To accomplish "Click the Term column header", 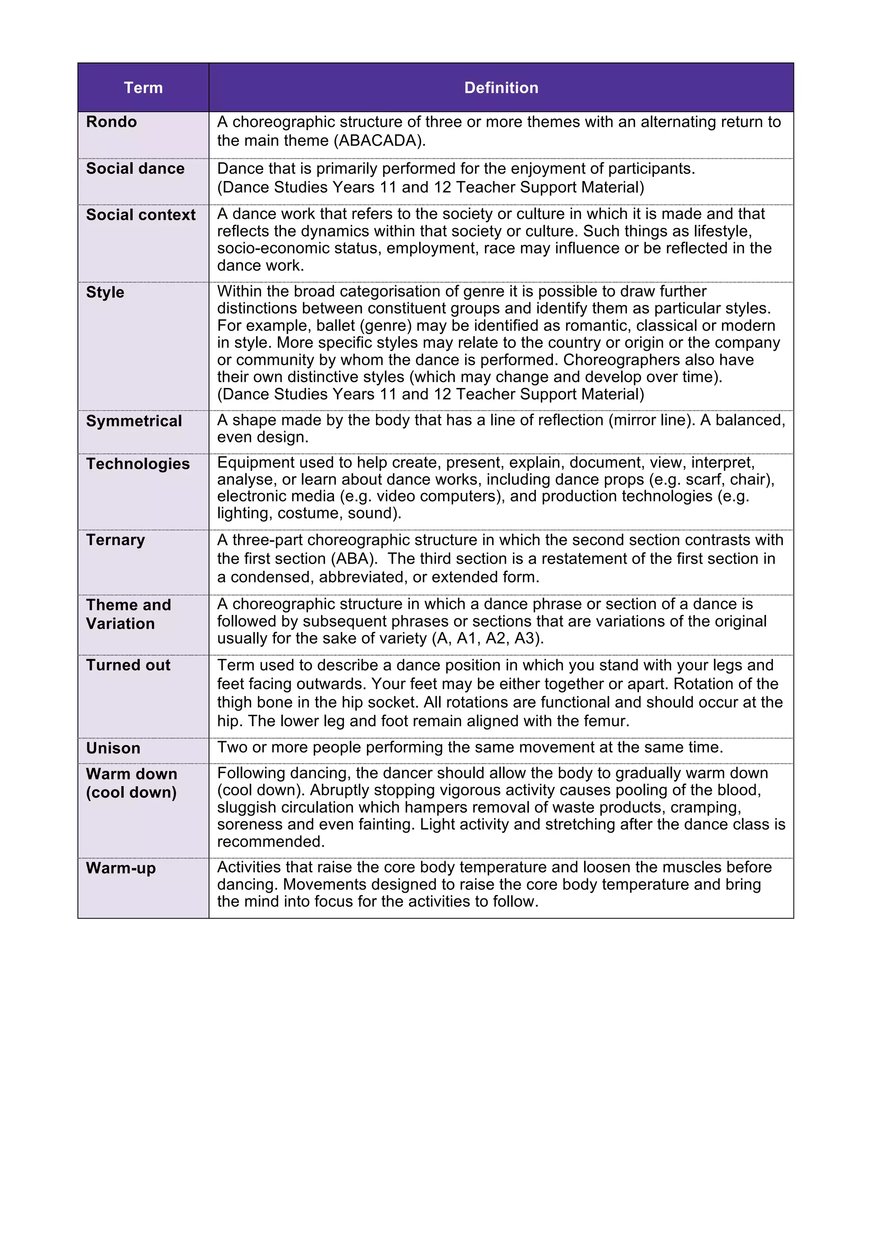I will (x=143, y=87).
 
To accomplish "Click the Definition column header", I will (x=501, y=87).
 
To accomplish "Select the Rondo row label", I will (x=111, y=122).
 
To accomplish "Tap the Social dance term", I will (x=135, y=169).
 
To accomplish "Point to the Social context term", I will (x=140, y=215).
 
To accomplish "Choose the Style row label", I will (x=105, y=292).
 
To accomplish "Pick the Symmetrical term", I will (x=134, y=421).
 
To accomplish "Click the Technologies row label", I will (x=138, y=464).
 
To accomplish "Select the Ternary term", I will (x=115, y=540).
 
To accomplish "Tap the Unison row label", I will (x=113, y=748).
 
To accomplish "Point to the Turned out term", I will (x=128, y=665).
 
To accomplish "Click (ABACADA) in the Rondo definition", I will (x=379, y=140).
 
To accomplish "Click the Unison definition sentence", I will (x=470, y=748).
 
